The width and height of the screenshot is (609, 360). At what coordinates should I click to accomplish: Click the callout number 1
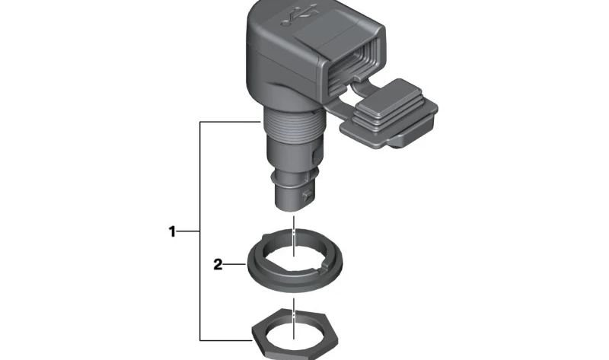[172, 232]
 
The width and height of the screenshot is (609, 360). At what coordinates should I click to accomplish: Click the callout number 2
[218, 265]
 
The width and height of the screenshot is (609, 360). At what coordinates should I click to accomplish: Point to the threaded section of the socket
[294, 123]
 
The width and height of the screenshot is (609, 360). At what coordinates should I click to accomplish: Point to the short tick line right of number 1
[188, 232]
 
